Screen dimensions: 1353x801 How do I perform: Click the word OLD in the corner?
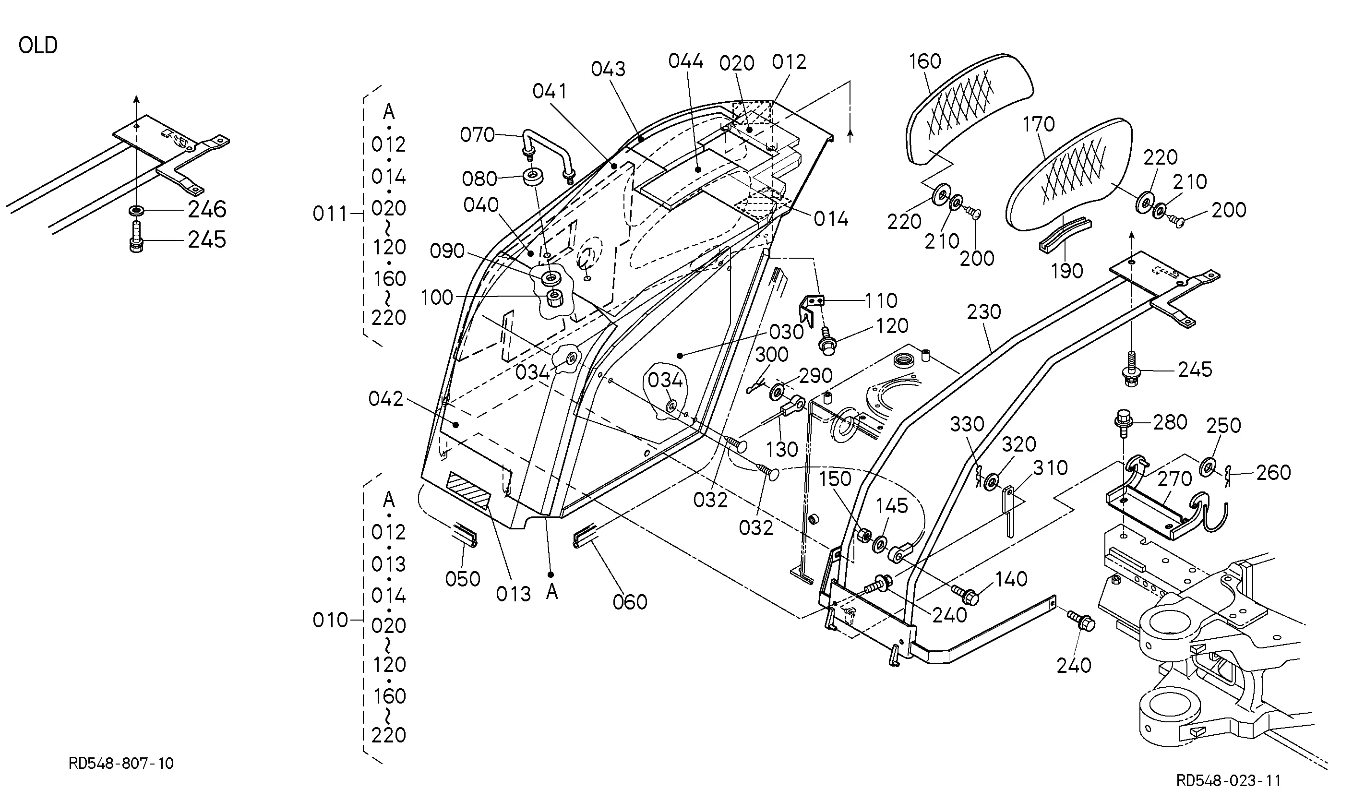38,45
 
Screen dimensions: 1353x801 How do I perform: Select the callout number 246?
207,209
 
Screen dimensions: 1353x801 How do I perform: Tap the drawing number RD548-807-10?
121,763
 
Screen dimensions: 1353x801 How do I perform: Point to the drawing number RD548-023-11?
1228,780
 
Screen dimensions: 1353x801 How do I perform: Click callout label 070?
477,134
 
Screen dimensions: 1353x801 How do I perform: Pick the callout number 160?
924,61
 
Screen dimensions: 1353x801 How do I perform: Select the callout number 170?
1038,125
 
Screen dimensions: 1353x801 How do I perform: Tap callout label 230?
984,312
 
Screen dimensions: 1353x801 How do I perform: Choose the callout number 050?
463,579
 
